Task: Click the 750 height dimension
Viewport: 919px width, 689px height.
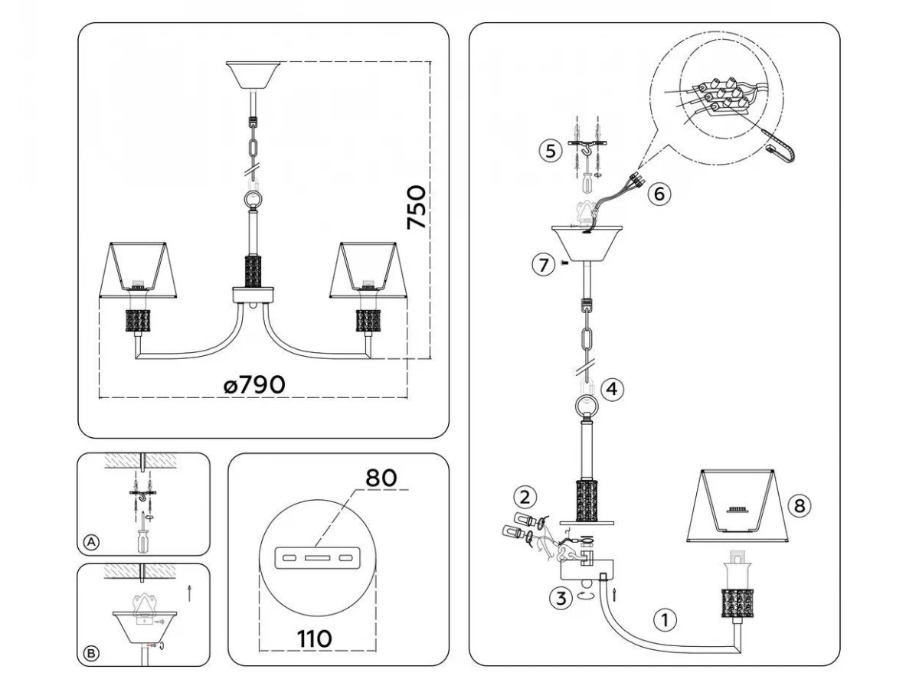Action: point(417,207)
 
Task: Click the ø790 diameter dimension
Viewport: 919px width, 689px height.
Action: point(255,384)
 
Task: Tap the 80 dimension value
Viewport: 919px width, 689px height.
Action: point(381,478)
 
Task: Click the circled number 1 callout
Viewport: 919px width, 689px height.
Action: point(666,620)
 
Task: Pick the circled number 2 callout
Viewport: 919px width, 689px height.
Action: point(524,497)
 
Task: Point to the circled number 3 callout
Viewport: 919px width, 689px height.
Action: point(561,599)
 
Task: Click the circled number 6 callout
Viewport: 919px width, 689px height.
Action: point(658,194)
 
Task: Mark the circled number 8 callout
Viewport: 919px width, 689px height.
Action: point(797,505)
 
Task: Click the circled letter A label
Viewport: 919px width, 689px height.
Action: point(91,542)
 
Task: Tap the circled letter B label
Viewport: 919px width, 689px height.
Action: point(91,653)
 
